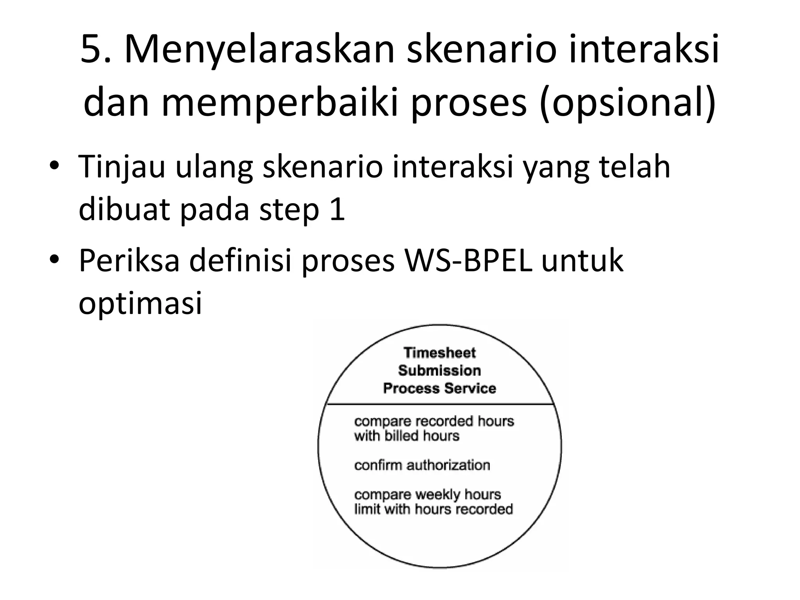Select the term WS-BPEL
pyautogui.click(x=468, y=260)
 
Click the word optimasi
pyautogui.click(x=140, y=303)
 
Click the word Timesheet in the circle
pyautogui.click(x=439, y=353)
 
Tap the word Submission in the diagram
pyautogui.click(x=439, y=370)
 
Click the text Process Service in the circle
pyautogui.click(x=439, y=388)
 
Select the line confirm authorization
pyautogui.click(x=422, y=465)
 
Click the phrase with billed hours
pyautogui.click(x=407, y=436)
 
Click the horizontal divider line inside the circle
pyautogui.click(x=439, y=404)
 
